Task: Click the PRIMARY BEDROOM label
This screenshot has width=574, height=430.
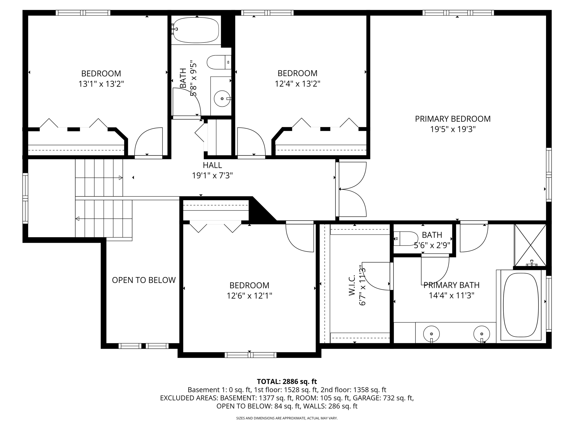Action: [x=453, y=119]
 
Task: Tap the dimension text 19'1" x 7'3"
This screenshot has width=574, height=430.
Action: [x=212, y=176]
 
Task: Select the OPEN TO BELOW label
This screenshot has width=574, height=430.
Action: [x=144, y=280]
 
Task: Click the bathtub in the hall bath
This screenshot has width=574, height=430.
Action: [x=196, y=30]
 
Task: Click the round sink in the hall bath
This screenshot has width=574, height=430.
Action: [x=222, y=99]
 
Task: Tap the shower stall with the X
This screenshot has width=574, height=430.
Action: [x=530, y=245]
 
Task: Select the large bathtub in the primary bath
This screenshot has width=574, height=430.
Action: [x=521, y=305]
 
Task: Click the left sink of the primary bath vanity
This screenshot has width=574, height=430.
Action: [x=431, y=334]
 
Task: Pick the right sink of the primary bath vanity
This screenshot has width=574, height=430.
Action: [x=482, y=334]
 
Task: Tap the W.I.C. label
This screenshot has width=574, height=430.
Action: [x=352, y=285]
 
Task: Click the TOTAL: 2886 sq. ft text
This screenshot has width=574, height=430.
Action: [x=287, y=382]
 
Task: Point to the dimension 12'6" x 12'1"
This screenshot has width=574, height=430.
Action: [x=249, y=296]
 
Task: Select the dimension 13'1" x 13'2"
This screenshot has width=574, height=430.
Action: [x=101, y=84]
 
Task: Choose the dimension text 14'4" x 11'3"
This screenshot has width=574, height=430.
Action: [x=451, y=296]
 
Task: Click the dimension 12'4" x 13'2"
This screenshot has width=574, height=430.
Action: [x=297, y=84]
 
